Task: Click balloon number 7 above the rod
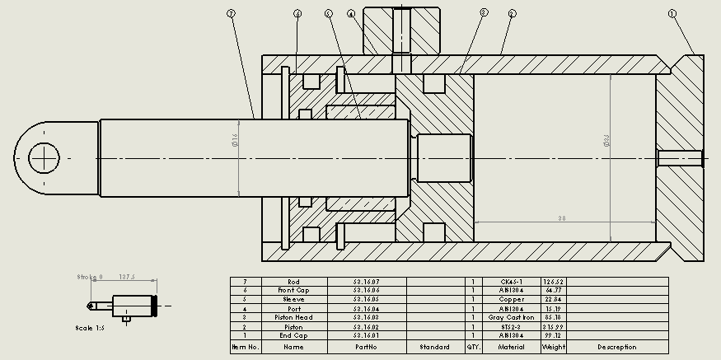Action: click(x=231, y=14)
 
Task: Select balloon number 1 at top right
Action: click(x=672, y=14)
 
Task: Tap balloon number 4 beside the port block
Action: click(x=351, y=14)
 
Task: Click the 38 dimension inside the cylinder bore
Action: click(x=560, y=217)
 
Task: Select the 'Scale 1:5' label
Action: click(x=90, y=327)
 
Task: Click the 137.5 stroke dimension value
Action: click(x=127, y=278)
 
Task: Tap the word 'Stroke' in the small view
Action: click(x=86, y=278)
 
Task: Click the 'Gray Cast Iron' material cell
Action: click(x=512, y=317)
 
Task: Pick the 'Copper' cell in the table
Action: click(x=512, y=299)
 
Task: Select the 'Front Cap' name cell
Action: click(x=294, y=290)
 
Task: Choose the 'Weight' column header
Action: click(x=553, y=347)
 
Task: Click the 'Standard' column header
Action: click(x=435, y=347)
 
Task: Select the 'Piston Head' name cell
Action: click(x=294, y=317)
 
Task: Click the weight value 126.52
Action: click(x=553, y=282)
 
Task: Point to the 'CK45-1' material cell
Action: click(x=512, y=282)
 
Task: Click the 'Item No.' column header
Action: click(x=245, y=347)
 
